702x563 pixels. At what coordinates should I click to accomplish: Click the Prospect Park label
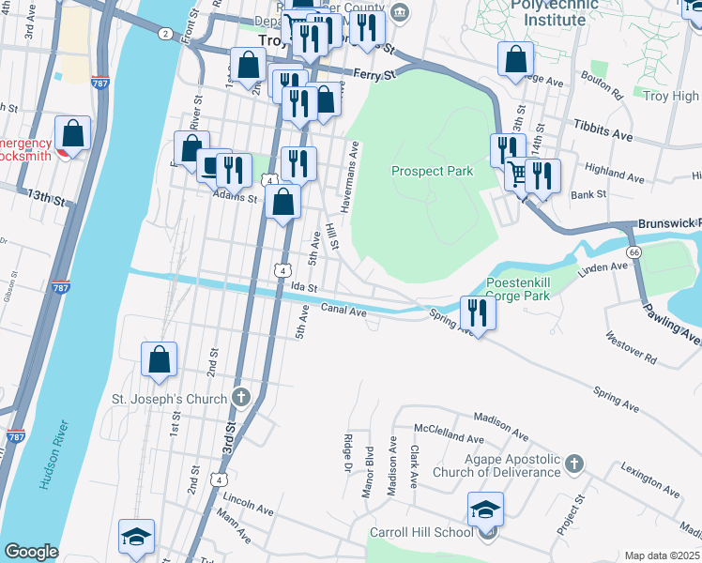click(x=432, y=171)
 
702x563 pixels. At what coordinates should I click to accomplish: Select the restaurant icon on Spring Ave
click(x=479, y=313)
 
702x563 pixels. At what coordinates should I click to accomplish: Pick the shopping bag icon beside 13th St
click(x=72, y=135)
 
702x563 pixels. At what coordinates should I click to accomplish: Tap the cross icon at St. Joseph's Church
click(x=241, y=398)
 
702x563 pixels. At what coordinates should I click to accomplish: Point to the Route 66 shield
click(x=635, y=252)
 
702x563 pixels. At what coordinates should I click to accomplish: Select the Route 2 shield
click(x=166, y=34)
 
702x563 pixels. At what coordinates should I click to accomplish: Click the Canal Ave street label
click(x=343, y=309)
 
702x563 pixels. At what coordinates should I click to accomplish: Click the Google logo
click(x=31, y=552)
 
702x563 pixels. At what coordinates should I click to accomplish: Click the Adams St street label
click(x=235, y=198)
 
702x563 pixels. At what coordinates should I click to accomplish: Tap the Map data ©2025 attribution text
click(x=662, y=555)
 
